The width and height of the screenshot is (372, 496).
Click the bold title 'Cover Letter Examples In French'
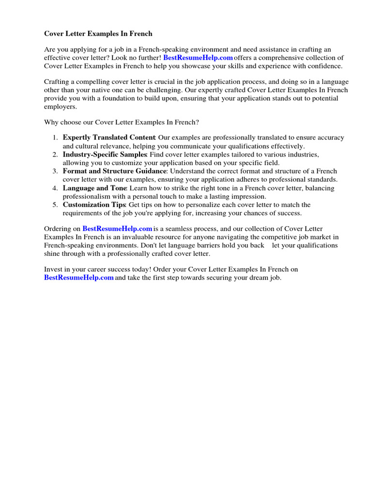coord(98,34)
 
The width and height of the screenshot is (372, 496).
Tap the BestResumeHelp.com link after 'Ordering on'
coord(117,229)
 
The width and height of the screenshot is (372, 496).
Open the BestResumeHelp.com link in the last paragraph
coord(79,278)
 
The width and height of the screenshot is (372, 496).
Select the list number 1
coord(55,138)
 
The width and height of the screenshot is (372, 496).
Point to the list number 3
coord(55,171)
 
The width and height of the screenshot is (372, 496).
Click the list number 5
coord(55,205)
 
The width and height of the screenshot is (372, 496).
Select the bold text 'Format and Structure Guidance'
coord(114,171)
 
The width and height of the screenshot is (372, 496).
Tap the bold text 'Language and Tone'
coord(94,188)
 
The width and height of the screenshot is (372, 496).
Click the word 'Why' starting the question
coord(52,122)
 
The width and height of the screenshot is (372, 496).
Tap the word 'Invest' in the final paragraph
coord(53,269)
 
